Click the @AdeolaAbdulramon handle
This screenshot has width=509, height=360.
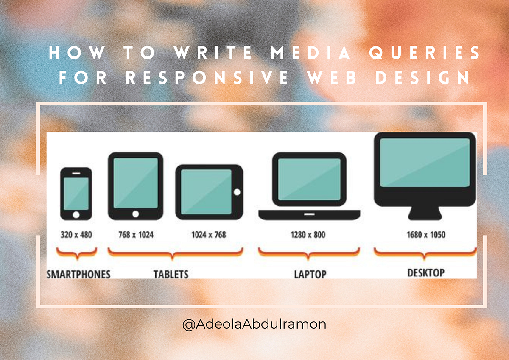(x=254, y=325)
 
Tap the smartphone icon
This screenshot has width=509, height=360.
(x=76, y=194)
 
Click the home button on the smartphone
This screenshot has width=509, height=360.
(x=76, y=215)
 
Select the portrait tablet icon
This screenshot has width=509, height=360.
(x=135, y=186)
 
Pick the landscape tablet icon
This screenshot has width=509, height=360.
(x=209, y=192)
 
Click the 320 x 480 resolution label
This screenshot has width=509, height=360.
(x=76, y=234)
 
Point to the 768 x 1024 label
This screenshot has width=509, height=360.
(x=135, y=234)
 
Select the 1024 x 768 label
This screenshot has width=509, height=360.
(x=209, y=234)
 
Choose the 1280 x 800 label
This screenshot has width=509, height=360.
(x=308, y=234)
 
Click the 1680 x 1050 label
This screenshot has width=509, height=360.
(x=425, y=234)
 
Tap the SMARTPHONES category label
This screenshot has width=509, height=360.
(x=78, y=274)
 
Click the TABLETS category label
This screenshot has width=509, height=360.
(x=171, y=274)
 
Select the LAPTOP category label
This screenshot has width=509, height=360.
(x=310, y=274)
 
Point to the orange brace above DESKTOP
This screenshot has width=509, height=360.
(x=425, y=253)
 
